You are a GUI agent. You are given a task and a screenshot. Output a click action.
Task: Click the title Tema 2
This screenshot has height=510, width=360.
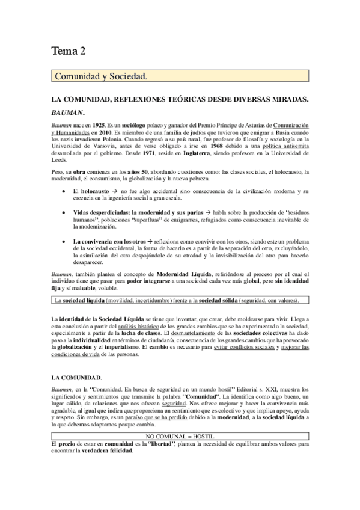[68, 56]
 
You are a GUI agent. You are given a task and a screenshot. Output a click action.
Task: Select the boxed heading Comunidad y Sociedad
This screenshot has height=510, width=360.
[100, 76]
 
